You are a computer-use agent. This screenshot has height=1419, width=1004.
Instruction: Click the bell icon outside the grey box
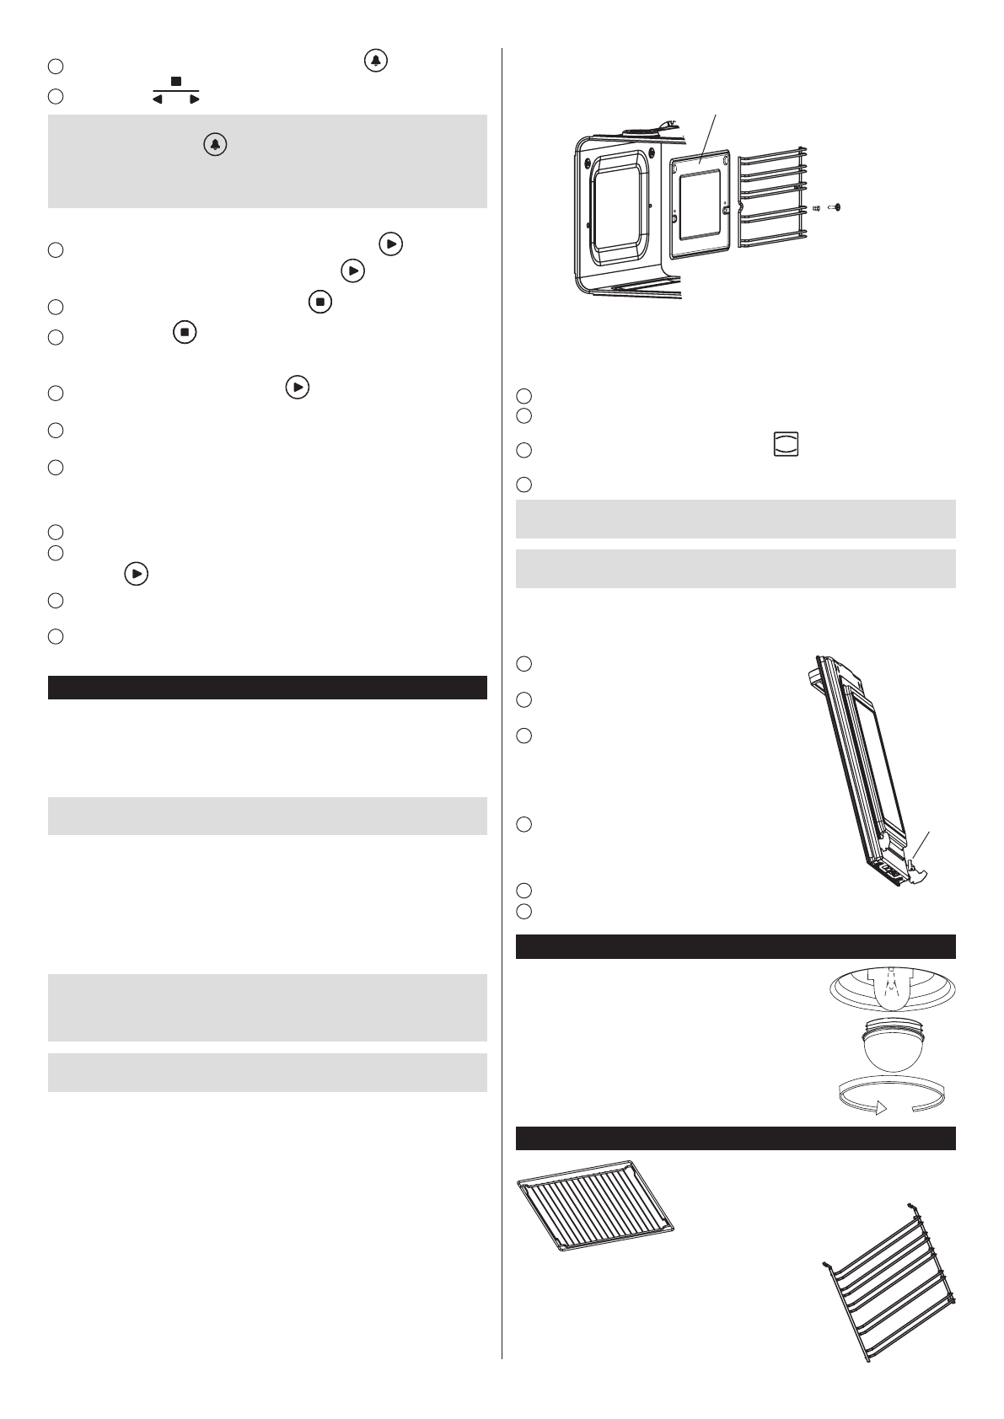point(376,62)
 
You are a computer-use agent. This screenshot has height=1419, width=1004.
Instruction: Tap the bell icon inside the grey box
point(215,145)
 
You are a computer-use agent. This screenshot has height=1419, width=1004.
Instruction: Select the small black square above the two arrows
point(176,82)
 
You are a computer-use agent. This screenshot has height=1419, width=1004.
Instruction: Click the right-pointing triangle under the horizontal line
point(194,99)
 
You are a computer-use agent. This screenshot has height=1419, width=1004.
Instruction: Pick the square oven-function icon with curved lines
point(786,446)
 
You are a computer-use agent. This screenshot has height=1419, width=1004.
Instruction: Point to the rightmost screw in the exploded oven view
point(836,207)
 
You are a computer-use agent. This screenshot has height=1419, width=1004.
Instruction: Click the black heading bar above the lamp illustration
point(735,946)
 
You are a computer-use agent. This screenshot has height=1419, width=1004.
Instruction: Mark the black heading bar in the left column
point(267,687)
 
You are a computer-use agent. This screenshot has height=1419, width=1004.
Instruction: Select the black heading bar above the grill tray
point(735,1138)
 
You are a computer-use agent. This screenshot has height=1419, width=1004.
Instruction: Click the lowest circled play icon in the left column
point(137,574)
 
